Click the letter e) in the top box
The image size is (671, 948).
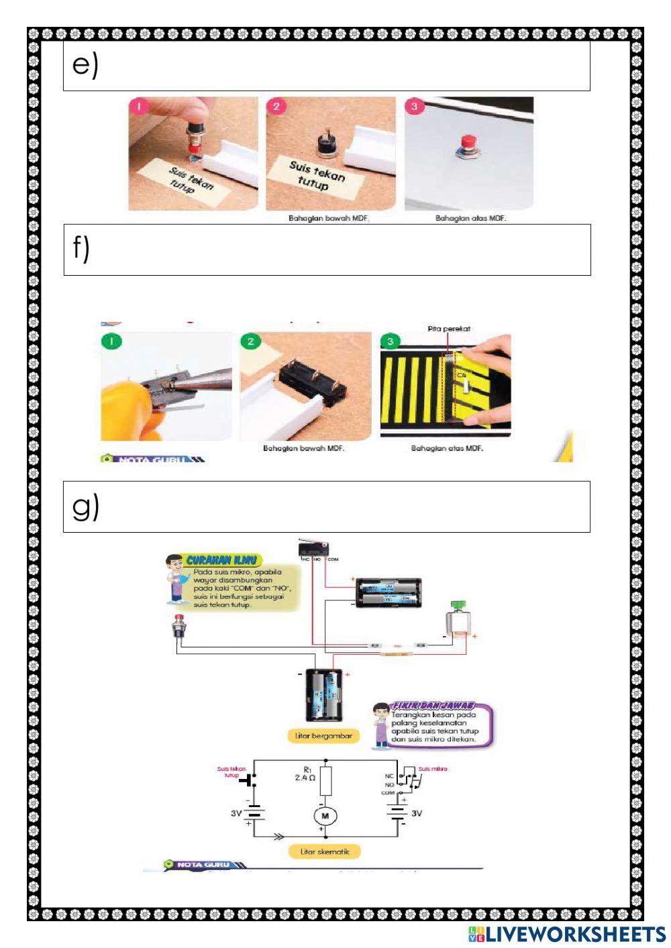85,65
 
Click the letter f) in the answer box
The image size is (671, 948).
81,248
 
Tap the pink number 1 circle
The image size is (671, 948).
139,107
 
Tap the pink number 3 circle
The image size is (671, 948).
414,106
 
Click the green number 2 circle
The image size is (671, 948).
250,341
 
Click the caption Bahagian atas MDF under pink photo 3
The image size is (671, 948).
470,219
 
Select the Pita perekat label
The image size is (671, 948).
449,329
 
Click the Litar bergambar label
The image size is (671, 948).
323,736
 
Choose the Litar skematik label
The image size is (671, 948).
325,851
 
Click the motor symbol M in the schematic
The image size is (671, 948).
325,816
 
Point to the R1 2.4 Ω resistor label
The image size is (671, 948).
305,774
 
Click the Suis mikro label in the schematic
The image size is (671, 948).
433,769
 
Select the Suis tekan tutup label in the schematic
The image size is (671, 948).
231,772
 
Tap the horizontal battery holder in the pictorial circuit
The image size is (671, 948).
388,593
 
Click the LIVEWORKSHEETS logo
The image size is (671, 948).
567,935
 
